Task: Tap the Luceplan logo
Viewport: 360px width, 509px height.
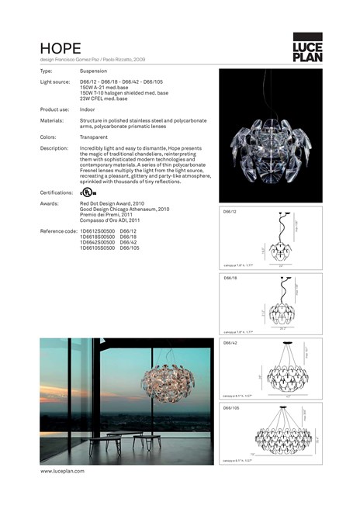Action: coord(307,47)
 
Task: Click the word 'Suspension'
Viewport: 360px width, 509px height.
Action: coord(93,71)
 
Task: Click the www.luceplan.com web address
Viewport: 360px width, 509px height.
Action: coord(62,470)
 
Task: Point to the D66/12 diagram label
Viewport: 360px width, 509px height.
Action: coord(230,212)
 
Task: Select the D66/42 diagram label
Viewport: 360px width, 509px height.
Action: coord(230,341)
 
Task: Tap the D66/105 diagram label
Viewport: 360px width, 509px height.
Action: coord(231,407)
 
